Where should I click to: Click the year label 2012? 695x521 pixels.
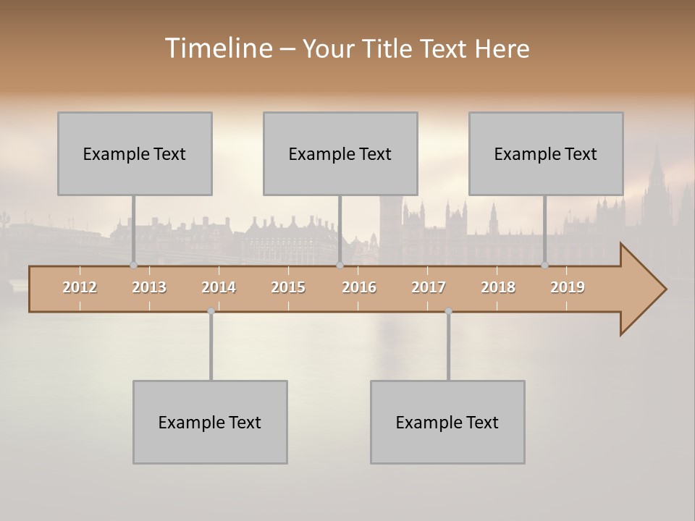coord(80,287)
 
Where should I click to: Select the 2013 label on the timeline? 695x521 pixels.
coord(149,287)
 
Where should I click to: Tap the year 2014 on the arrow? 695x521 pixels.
coord(219,287)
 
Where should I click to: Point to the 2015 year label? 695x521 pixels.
coord(288,287)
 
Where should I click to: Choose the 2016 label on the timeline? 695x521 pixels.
coord(359,287)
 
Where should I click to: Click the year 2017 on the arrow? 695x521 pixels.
coord(429,287)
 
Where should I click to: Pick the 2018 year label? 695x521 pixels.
coord(498,287)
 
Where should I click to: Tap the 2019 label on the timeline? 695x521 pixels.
coord(568,287)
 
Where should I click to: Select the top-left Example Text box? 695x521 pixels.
coord(135,153)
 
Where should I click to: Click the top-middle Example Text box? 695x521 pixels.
coord(340,153)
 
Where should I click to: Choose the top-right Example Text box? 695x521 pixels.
coord(546,153)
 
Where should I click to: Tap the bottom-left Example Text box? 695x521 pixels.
coord(210,422)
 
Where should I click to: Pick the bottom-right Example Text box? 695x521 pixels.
coord(447,422)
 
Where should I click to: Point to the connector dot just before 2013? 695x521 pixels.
coord(133,266)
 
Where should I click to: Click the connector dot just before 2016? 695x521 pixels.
coord(340,266)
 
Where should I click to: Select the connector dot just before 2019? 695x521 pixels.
coord(545,266)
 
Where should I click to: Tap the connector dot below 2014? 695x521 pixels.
coord(211,311)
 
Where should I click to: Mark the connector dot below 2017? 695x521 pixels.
coord(448,311)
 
